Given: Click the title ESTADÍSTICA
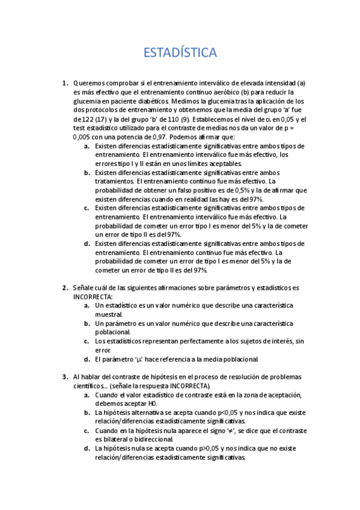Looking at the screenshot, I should click(x=180, y=54).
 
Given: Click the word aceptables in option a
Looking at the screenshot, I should click(x=223, y=163).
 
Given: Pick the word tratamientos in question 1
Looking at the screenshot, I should click(x=114, y=181).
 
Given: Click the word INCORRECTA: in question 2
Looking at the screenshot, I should click(x=93, y=296).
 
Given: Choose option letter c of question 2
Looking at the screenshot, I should click(x=87, y=341).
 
